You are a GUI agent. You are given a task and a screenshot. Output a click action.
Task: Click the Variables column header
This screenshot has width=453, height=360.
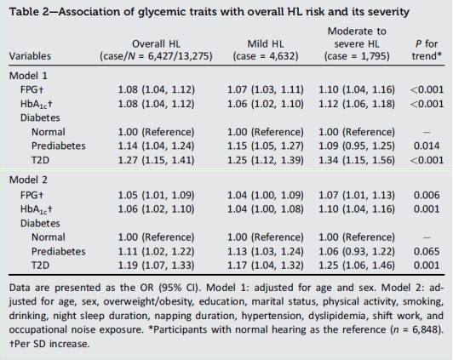click(30, 56)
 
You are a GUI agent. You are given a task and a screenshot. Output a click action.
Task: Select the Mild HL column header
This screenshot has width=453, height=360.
click(266, 50)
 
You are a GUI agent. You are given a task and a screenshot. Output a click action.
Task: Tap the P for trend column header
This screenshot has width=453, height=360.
click(427, 50)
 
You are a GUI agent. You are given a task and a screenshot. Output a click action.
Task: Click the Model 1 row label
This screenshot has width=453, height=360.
click(28, 76)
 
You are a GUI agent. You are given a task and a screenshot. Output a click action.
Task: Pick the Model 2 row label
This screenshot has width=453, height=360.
click(28, 180)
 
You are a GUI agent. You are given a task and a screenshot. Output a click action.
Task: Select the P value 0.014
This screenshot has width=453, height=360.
click(427, 146)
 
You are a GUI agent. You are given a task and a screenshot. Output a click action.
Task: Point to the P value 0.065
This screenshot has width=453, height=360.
click(427, 251)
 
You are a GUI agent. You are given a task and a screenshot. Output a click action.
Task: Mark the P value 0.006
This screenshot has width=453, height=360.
click(427, 195)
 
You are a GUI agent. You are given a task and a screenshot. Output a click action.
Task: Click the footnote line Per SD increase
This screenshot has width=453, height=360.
click(49, 344)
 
